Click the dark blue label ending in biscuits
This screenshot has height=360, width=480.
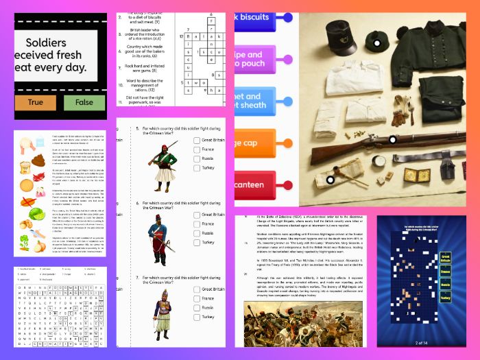tap(263, 17)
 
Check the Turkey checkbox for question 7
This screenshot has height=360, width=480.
tap(197, 317)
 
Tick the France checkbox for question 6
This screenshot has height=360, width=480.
tap(197, 224)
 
